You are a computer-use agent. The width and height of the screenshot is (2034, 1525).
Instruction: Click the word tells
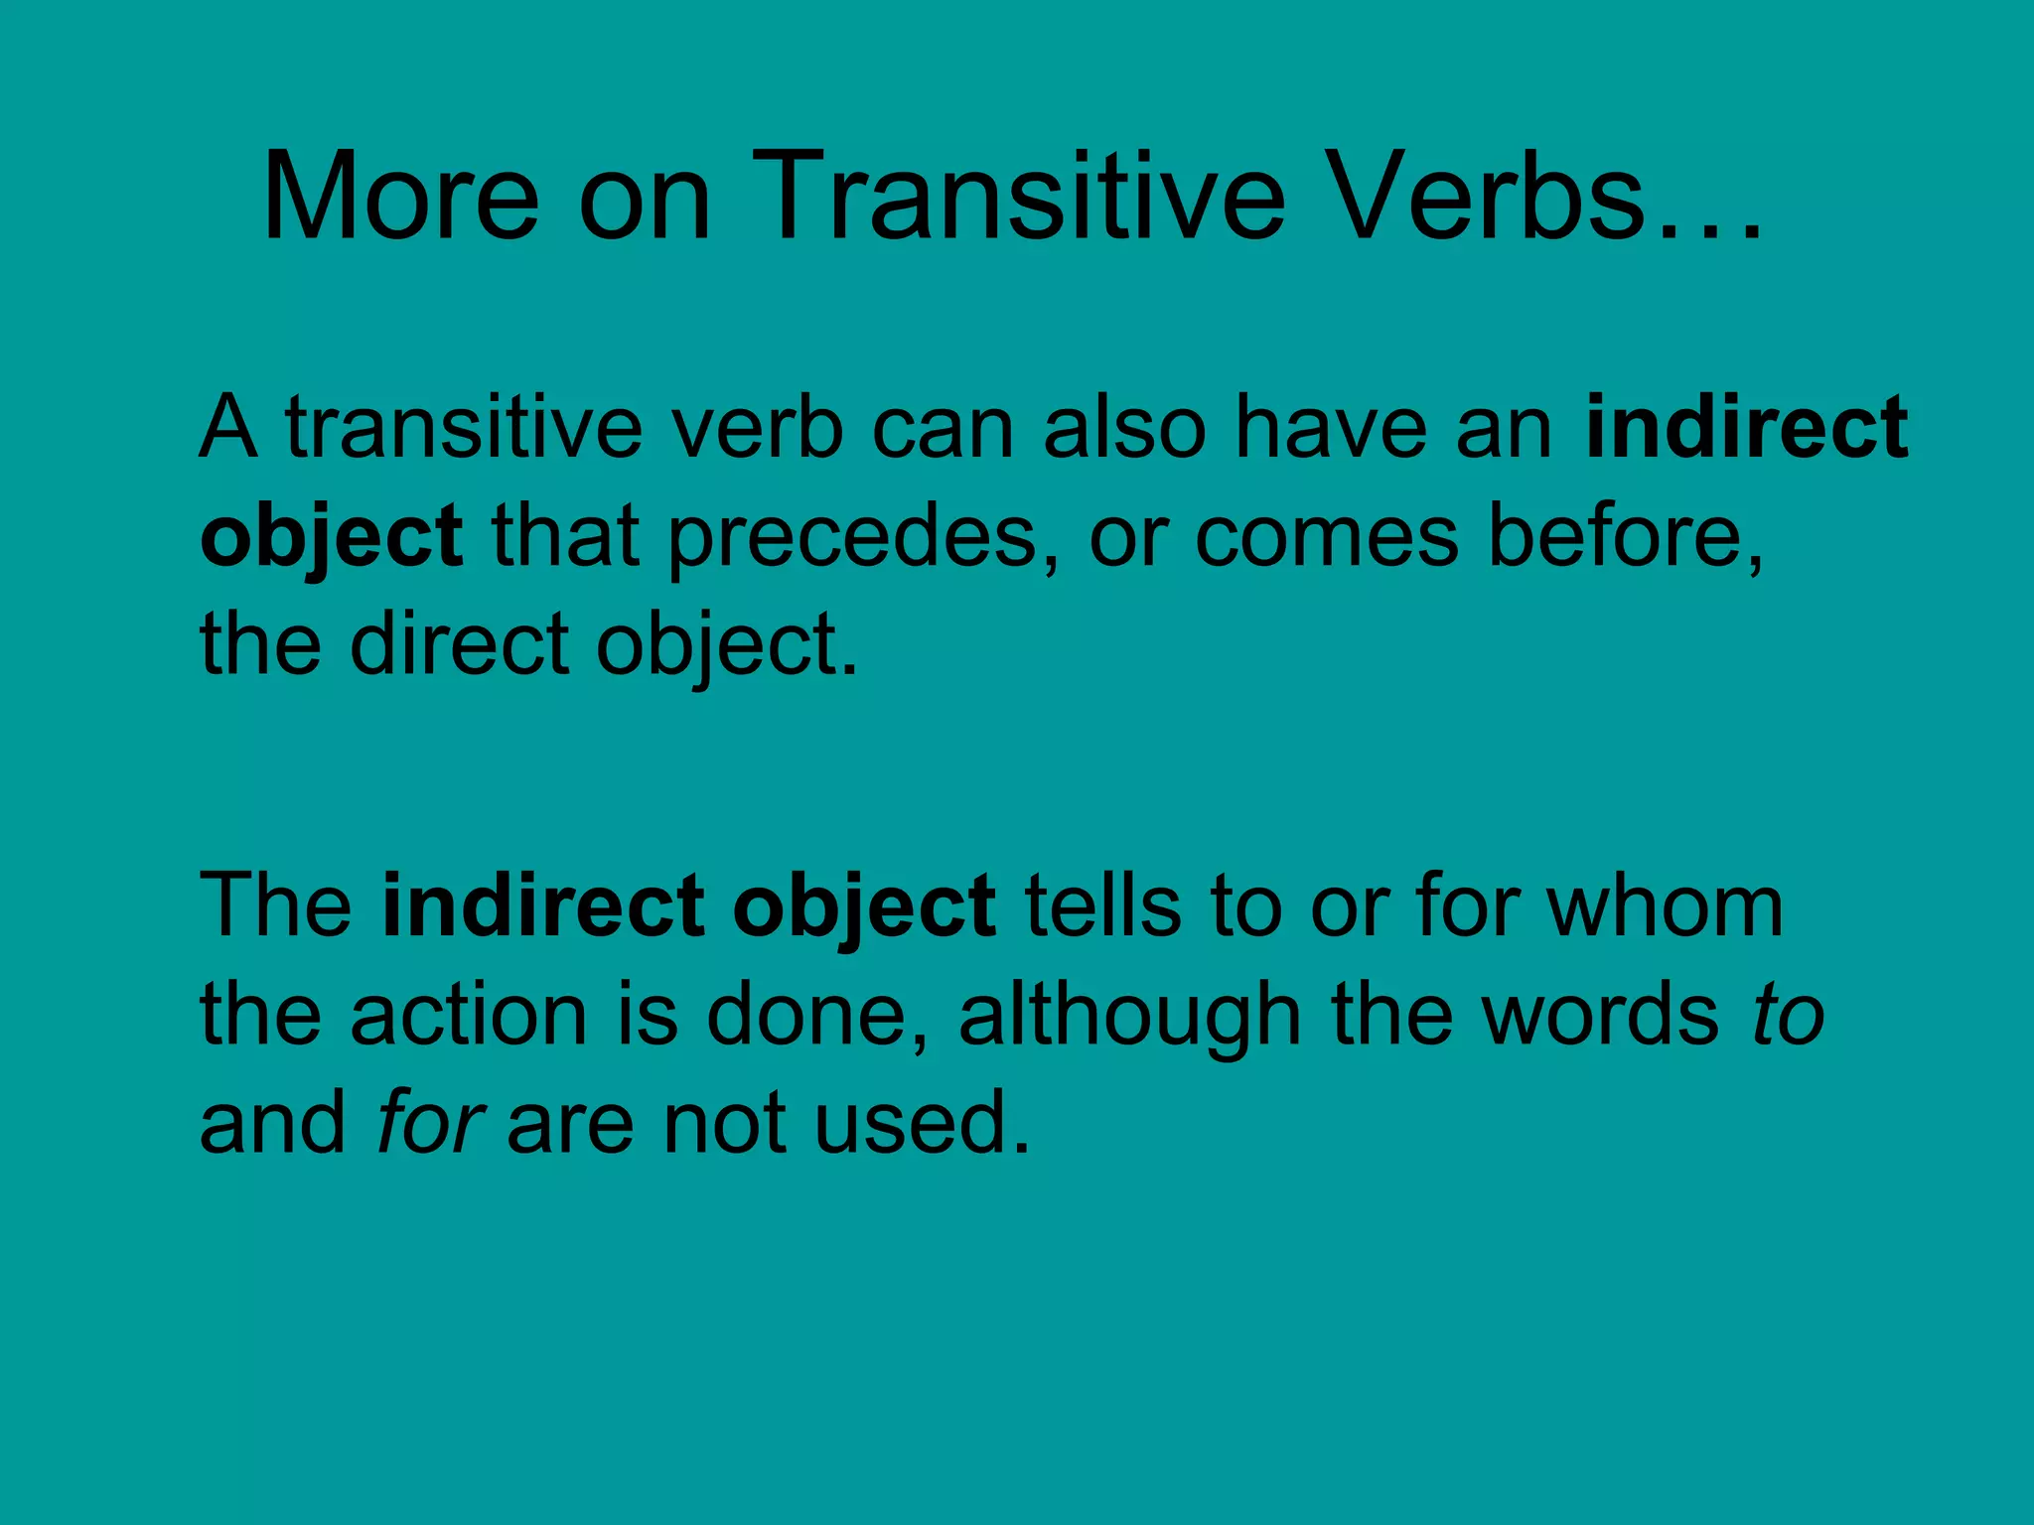click(x=1103, y=905)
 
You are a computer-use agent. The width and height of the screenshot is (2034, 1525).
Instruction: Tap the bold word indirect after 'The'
click(x=542, y=905)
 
